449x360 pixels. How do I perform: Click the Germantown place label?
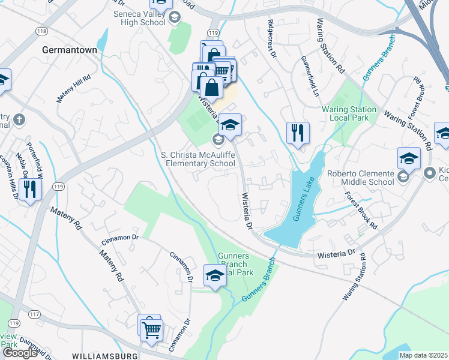(70, 51)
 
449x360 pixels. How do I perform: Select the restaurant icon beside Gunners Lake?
(298, 133)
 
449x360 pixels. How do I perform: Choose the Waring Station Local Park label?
(349, 113)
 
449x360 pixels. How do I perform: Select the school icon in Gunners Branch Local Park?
(215, 275)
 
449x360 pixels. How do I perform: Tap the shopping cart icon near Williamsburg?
(151, 328)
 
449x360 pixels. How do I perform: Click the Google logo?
(20, 353)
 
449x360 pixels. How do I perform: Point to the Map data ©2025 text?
(423, 355)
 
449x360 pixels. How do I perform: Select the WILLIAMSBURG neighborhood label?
(106, 356)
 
